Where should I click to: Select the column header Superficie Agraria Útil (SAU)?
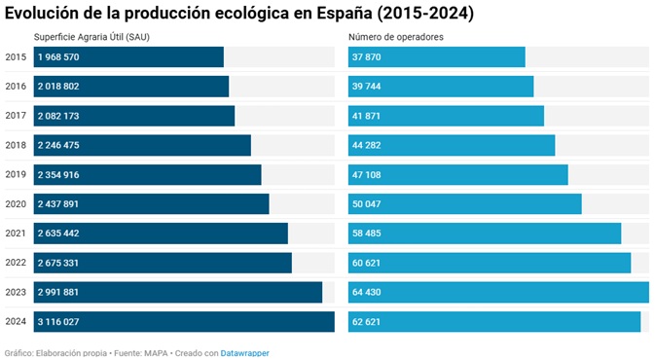92,37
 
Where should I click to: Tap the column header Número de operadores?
396,37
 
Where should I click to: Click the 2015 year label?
16,57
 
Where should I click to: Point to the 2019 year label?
16,175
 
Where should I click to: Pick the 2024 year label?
16,322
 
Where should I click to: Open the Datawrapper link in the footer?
244,353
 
